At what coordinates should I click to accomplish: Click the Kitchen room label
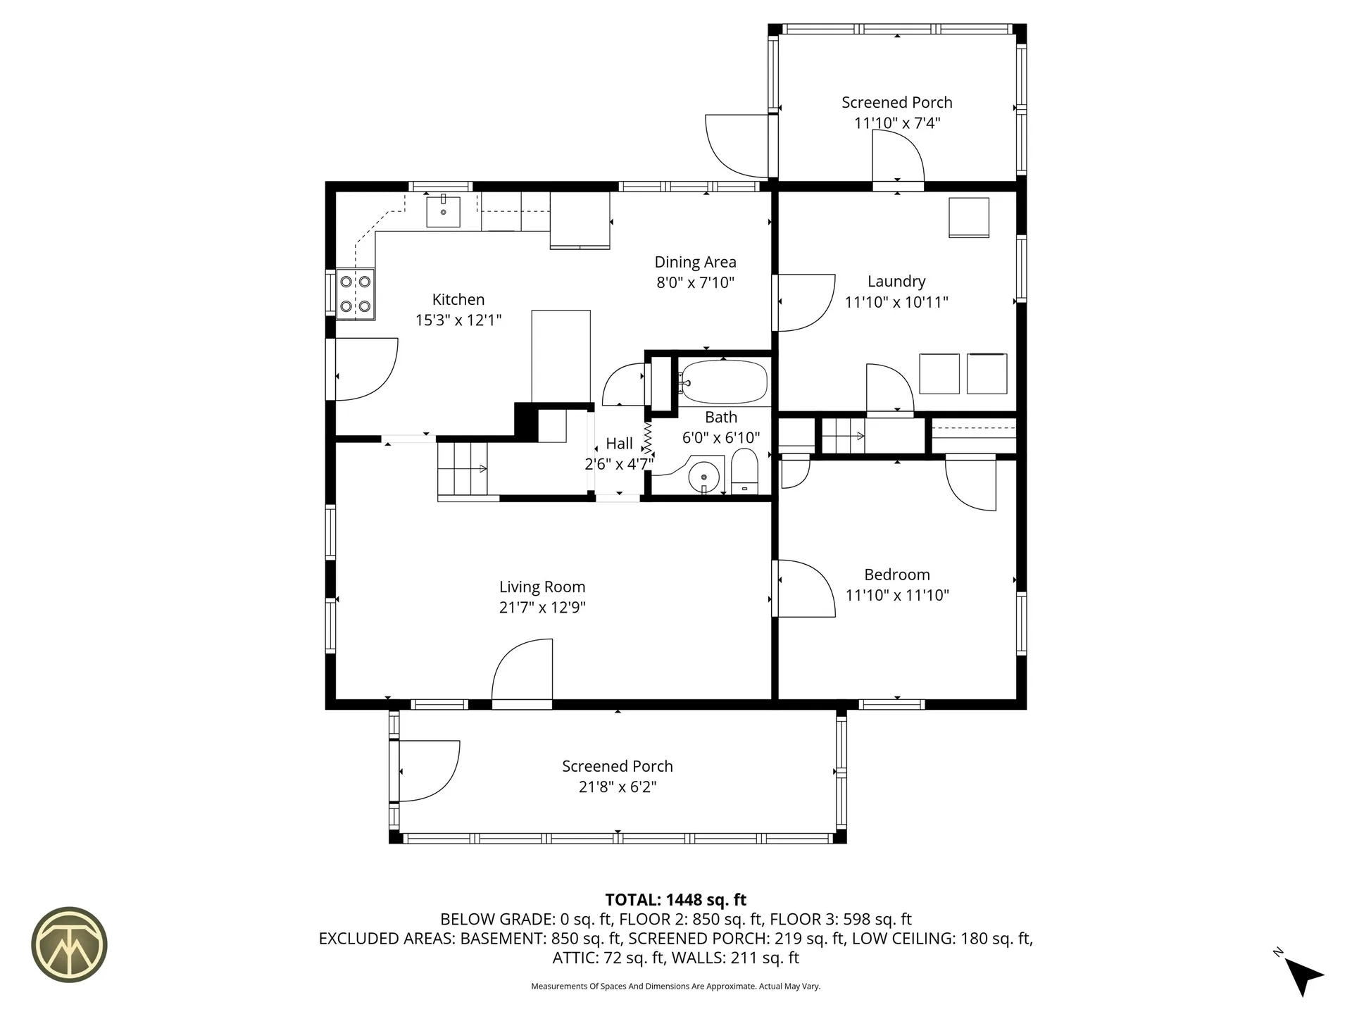point(458,299)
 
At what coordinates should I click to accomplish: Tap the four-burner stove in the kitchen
point(355,294)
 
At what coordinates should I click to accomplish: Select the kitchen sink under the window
point(443,212)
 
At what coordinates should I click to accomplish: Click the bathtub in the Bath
point(723,382)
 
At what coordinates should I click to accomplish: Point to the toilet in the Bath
point(744,472)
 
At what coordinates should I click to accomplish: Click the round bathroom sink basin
point(703,477)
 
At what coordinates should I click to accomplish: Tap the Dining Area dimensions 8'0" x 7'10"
point(695,282)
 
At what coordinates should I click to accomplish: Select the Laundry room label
point(896,282)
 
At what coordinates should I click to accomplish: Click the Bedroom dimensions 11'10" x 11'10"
point(896,595)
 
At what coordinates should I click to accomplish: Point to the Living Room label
point(542,587)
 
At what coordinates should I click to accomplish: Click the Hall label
point(619,444)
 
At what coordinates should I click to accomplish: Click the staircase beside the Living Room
point(462,469)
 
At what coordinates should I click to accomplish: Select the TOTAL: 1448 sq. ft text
point(675,899)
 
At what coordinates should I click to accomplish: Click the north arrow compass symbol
point(1302,975)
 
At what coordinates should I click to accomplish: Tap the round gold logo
point(69,944)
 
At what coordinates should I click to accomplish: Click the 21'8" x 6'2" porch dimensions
point(617,787)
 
